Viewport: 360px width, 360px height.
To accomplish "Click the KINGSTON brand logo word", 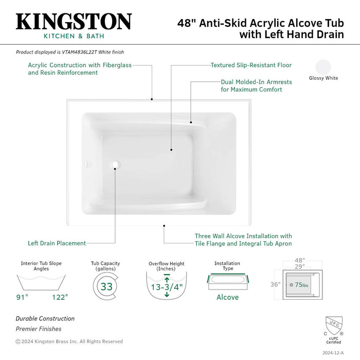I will (x=74, y=22).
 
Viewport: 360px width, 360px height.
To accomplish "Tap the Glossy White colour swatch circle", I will (x=323, y=67).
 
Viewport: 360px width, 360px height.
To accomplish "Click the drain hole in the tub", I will (x=115, y=166).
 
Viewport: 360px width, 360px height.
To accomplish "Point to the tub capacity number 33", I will (x=106, y=286).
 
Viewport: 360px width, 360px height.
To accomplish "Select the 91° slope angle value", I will (x=23, y=297).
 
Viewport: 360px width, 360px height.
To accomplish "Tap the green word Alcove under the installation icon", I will (x=227, y=297).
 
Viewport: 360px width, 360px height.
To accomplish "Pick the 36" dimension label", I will (x=275, y=284).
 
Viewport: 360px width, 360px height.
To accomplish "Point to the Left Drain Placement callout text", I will (x=57, y=243).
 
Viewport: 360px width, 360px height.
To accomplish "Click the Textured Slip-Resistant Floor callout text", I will (x=251, y=65).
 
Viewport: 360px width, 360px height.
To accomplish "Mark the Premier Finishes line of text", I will (x=38, y=329).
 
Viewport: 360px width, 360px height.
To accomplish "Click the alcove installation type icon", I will (x=227, y=282).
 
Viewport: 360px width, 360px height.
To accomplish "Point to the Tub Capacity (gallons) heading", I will (x=106, y=266).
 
